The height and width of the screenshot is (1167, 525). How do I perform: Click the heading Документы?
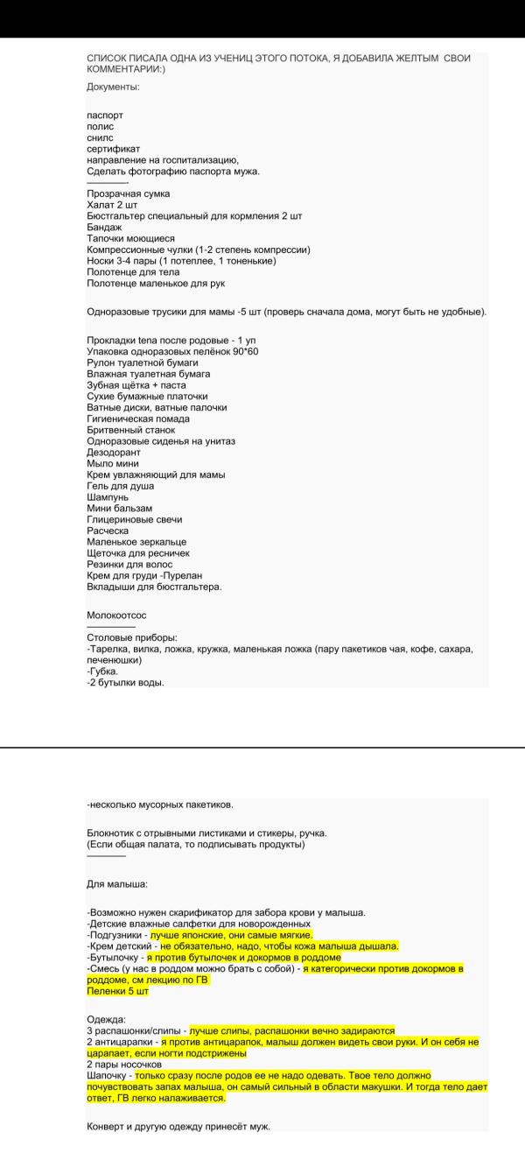[114, 87]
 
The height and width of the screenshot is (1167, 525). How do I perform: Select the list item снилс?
[100, 137]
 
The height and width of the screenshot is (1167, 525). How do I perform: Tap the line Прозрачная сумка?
[129, 193]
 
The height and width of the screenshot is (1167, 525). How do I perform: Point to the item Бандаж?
[104, 227]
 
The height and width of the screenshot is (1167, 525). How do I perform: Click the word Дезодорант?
[114, 453]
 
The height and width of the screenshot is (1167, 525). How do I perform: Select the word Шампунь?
[110, 497]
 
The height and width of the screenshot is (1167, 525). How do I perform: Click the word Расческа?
[108, 531]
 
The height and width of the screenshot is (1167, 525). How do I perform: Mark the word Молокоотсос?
[116, 615]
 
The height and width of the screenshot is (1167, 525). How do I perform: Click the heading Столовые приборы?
[132, 637]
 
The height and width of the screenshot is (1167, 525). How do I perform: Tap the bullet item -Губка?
[102, 671]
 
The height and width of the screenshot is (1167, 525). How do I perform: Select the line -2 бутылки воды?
[126, 683]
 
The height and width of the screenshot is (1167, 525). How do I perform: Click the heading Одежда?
[106, 1019]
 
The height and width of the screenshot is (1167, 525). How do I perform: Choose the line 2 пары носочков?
[124, 1065]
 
